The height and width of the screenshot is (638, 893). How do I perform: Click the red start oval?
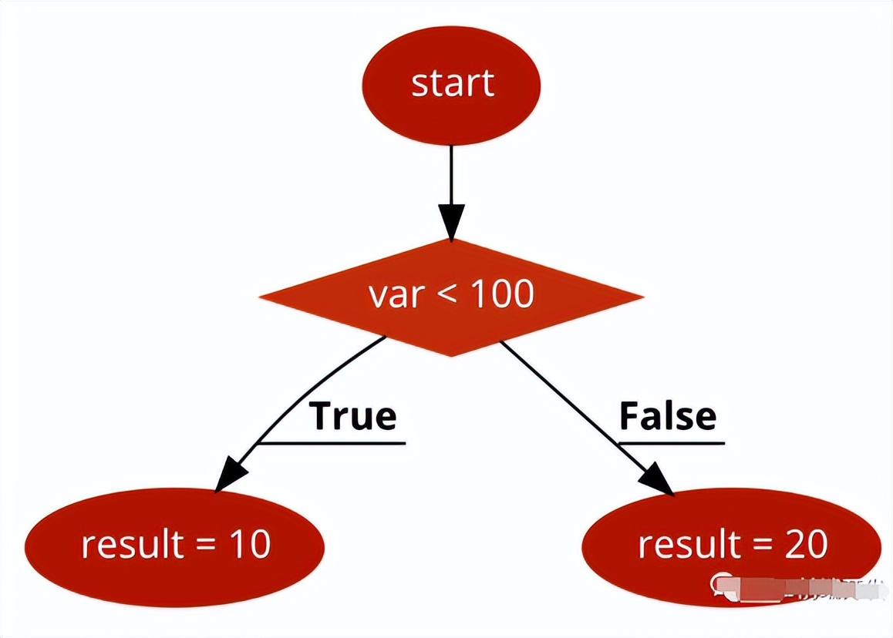click(x=452, y=85)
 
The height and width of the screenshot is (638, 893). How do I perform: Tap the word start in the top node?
click(x=452, y=84)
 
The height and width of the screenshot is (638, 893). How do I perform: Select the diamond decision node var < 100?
click(x=451, y=297)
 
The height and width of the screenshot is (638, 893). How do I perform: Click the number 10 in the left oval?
click(x=250, y=545)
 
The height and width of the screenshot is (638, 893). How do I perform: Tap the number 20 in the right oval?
click(x=807, y=545)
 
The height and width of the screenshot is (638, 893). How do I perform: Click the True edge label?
click(x=353, y=416)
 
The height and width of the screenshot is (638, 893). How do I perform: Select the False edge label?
click(x=668, y=416)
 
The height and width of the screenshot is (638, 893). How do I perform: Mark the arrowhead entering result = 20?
click(x=660, y=479)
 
